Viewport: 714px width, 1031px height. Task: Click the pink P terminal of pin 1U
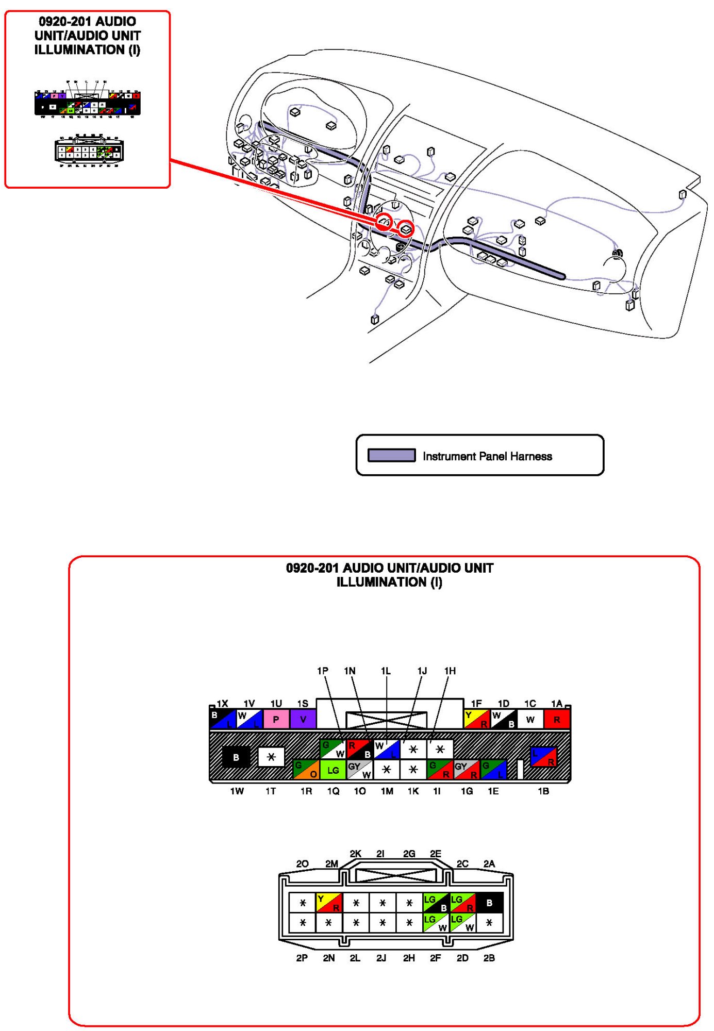[276, 719]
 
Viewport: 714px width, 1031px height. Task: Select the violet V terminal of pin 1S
[303, 719]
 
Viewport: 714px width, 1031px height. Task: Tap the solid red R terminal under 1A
[557, 719]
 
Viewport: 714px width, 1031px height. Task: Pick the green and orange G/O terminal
[306, 770]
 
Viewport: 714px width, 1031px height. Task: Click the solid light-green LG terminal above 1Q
[333, 770]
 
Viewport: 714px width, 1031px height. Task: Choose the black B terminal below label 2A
[489, 903]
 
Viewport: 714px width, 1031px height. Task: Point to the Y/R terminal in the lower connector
[328, 903]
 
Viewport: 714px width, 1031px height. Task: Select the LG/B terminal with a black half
[436, 903]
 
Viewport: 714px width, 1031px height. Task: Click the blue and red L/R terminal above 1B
[543, 756]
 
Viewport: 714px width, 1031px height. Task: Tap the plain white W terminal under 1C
[530, 719]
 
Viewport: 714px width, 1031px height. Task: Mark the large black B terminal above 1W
[236, 757]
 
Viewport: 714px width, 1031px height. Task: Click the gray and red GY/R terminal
[467, 770]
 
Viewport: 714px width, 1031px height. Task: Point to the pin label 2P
[302, 958]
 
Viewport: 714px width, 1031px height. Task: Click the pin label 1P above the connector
[323, 671]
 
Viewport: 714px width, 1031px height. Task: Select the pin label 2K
[355, 854]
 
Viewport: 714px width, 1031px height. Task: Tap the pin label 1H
[450, 671]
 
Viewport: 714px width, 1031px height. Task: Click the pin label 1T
[271, 791]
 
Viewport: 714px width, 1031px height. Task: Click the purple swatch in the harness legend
[391, 455]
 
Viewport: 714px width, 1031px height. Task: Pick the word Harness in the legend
[531, 456]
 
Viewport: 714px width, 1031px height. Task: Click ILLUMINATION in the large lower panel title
[381, 582]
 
